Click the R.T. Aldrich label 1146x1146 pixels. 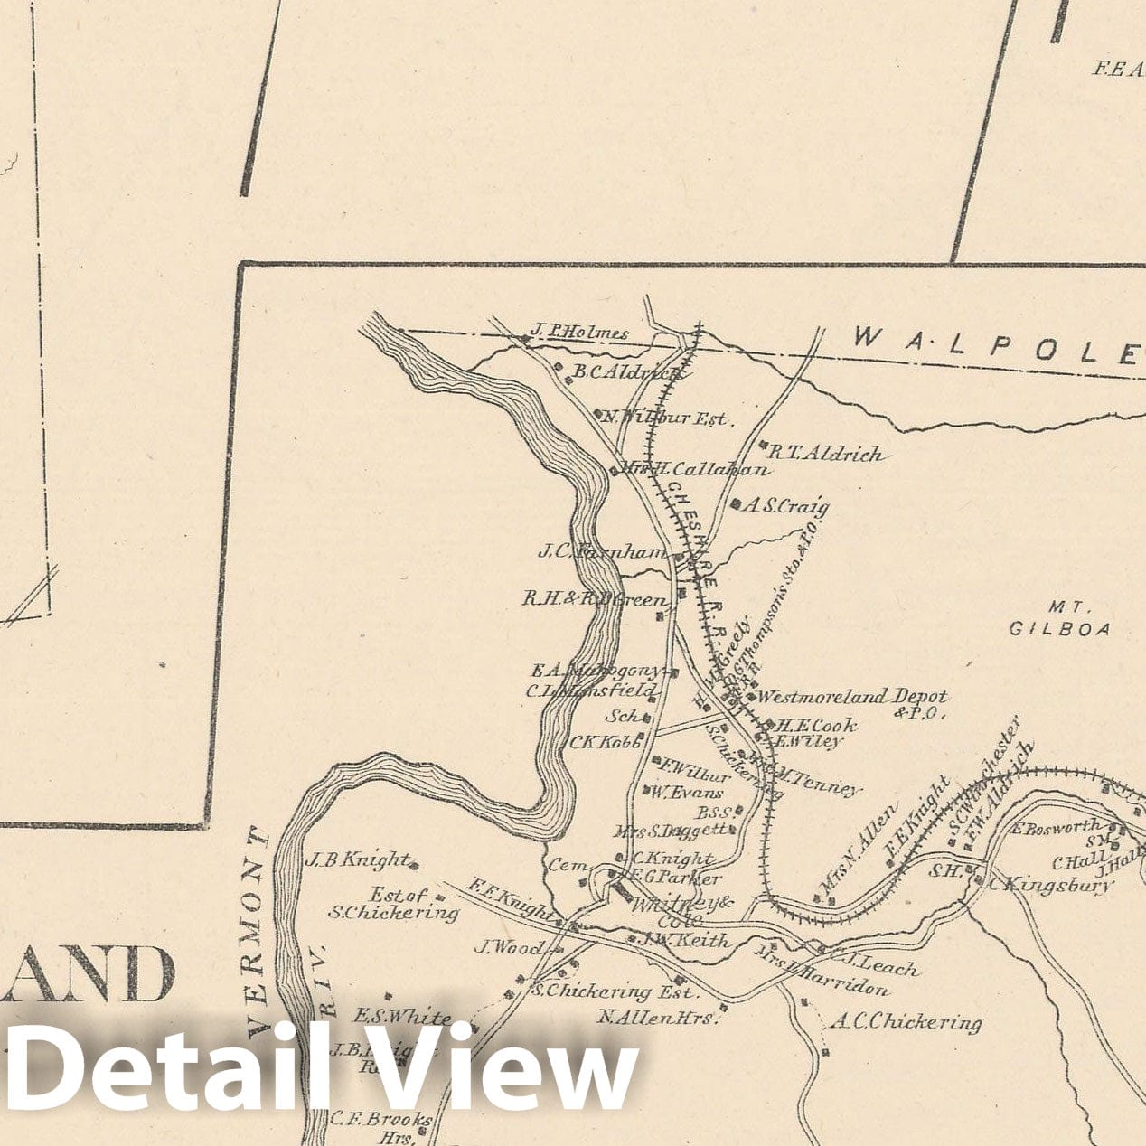tap(825, 454)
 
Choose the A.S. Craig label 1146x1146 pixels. tap(786, 506)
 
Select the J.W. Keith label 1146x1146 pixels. tap(684, 941)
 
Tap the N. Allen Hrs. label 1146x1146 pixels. tap(657, 1018)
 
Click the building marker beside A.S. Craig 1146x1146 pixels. tap(737, 503)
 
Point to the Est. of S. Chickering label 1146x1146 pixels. tap(396, 904)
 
